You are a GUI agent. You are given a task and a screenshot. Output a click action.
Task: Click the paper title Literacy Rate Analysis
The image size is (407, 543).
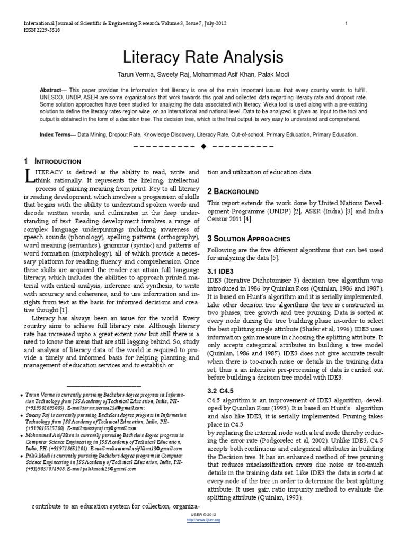pos(203,57)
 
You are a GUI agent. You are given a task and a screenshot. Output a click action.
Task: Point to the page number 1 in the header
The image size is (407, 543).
pos(346,23)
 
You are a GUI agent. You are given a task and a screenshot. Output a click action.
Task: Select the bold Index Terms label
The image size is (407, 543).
pos(57,135)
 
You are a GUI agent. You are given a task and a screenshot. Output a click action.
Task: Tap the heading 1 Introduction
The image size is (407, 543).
pos(52,161)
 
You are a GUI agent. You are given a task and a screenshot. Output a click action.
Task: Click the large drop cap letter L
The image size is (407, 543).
pos(30,177)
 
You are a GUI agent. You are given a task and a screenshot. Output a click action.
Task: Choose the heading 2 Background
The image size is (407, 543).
pos(225,191)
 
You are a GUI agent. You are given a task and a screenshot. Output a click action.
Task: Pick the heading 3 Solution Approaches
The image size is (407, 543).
pos(241,239)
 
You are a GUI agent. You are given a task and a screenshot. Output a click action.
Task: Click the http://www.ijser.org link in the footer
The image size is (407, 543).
pos(204,520)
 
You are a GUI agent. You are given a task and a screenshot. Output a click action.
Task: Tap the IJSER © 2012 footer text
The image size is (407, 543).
pos(204,514)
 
